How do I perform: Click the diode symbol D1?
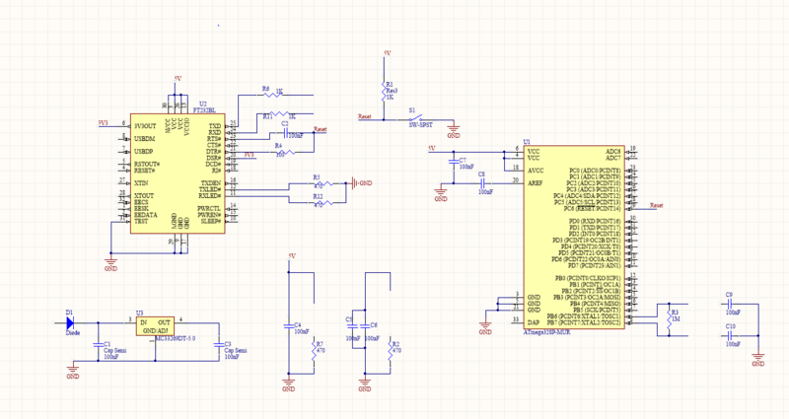tap(72, 322)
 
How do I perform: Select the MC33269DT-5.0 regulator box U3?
tap(156, 326)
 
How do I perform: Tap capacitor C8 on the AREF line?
tap(482, 183)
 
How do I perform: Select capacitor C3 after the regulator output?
tap(215, 345)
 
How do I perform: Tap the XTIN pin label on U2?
tap(140, 183)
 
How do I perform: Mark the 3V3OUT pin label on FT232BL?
tap(145, 126)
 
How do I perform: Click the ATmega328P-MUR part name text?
tap(545, 333)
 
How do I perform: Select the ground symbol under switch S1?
tap(454, 127)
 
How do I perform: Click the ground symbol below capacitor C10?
tap(757, 364)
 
